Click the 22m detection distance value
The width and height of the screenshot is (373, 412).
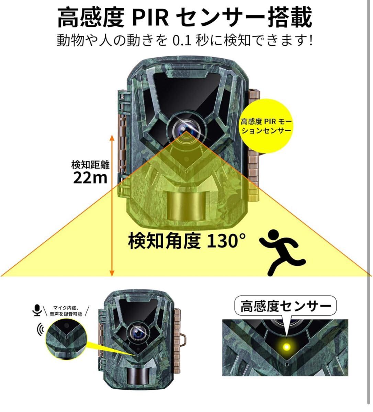(90, 178)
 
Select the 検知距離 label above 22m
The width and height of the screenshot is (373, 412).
(90, 165)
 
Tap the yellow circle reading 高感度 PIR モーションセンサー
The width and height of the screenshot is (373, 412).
(266, 126)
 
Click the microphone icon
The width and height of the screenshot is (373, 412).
(36, 310)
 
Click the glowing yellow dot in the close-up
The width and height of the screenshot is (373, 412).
(285, 346)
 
